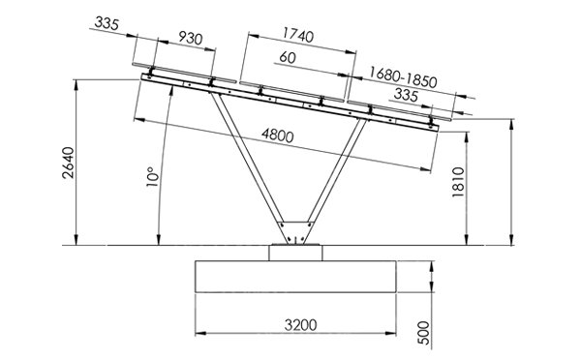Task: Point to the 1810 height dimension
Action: [459, 182]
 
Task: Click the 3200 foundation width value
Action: [294, 324]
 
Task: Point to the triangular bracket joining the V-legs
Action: [294, 233]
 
